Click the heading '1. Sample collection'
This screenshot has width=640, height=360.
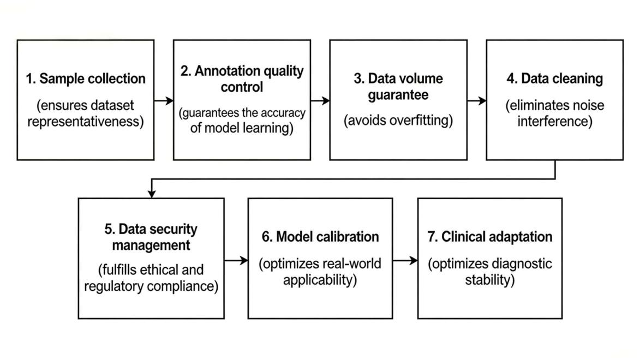pyautogui.click(x=86, y=79)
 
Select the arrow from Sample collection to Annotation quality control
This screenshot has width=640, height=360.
pyautogui.click(x=164, y=100)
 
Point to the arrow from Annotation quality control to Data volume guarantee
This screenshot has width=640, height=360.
pyautogui.click(x=320, y=100)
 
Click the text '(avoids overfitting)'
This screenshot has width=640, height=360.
pyautogui.click(x=398, y=121)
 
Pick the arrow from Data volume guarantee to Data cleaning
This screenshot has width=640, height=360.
pyautogui.click(x=477, y=100)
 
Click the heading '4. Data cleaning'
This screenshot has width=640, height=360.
pyautogui.click(x=555, y=79)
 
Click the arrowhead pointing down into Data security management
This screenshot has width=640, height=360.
pyautogui.click(x=152, y=194)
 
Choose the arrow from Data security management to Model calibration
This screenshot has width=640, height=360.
pyautogui.click(x=236, y=260)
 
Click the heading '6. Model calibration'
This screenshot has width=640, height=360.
pyautogui.click(x=320, y=237)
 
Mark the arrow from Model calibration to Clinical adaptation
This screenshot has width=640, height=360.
pyautogui.click(x=405, y=260)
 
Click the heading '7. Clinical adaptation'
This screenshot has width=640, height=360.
pyautogui.click(x=490, y=237)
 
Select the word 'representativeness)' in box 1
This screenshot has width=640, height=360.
pyautogui.click(x=86, y=122)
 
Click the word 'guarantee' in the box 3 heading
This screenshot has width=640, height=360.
pyautogui.click(x=398, y=95)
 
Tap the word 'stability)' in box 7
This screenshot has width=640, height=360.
pyautogui.click(x=490, y=280)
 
